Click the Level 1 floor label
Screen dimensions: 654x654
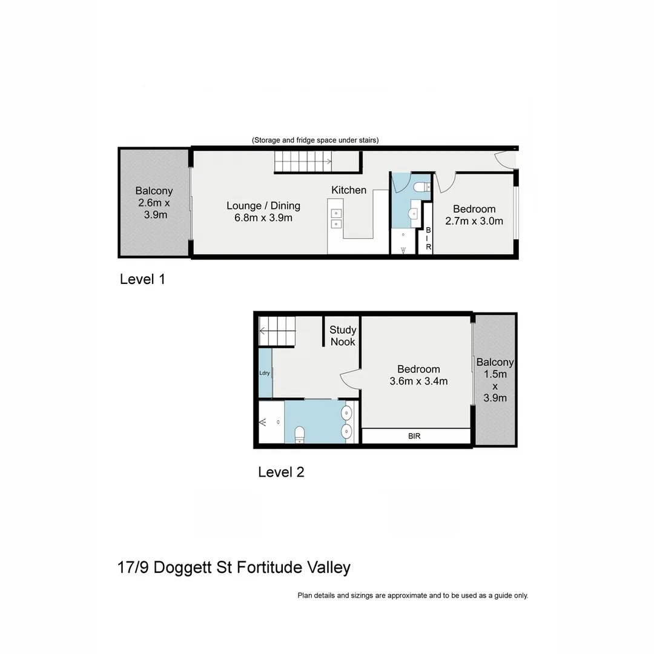[142, 279]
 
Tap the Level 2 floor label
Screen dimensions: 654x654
[281, 472]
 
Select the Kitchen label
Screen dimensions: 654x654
[348, 190]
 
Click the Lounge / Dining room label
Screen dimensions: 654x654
[263, 211]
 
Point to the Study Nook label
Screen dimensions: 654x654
[343, 336]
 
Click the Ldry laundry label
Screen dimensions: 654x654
[265, 373]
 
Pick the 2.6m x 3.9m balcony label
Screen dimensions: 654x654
[154, 202]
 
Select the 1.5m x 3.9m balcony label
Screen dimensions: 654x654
[495, 380]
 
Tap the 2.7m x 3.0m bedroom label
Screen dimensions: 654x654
[474, 215]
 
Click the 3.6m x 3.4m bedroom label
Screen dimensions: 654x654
[418, 375]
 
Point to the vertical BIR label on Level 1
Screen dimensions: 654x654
[428, 239]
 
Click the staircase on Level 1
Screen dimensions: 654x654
[303, 161]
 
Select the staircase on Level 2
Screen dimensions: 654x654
[276, 331]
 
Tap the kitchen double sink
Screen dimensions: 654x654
[335, 218]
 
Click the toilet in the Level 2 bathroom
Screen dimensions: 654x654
[299, 434]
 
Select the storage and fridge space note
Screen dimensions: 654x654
[315, 140]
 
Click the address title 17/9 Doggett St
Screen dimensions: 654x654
[234, 567]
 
